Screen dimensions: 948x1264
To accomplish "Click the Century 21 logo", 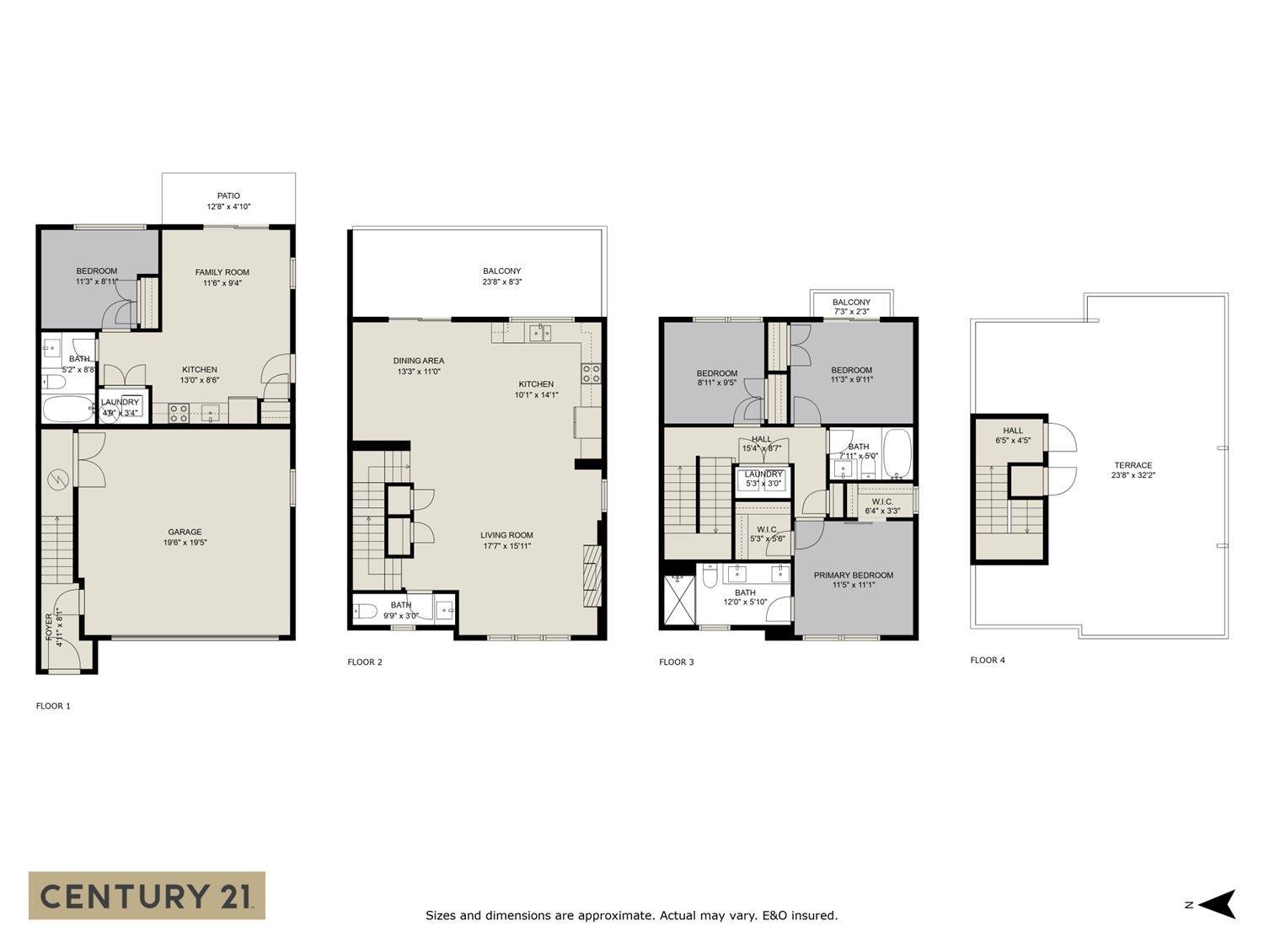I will coord(147,895).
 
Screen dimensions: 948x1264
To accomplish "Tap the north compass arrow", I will coord(1217,904).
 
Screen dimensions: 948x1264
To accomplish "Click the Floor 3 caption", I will coord(676,662).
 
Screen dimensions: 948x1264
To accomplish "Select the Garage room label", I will coord(185,537).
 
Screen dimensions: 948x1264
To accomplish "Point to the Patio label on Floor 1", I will coord(228,201).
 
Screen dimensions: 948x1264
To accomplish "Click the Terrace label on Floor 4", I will coord(1133,470).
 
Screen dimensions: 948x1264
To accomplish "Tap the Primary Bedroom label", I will coord(853,580).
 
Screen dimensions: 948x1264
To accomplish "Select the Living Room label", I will coord(506,540).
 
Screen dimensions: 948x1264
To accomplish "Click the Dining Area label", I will coord(418,366).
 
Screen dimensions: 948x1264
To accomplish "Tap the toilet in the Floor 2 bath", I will coord(366,611).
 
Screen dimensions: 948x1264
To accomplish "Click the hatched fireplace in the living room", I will coord(593,576).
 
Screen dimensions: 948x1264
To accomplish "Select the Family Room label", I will coord(222,277).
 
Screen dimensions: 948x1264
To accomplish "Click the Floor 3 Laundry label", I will coord(763,479).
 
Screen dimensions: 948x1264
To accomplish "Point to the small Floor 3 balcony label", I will coord(851,307).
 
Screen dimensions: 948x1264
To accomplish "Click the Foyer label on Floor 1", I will coord(53,629).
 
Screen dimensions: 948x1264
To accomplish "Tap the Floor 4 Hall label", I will coord(1012,435).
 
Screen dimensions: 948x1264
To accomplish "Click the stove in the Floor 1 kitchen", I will coord(179,413).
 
